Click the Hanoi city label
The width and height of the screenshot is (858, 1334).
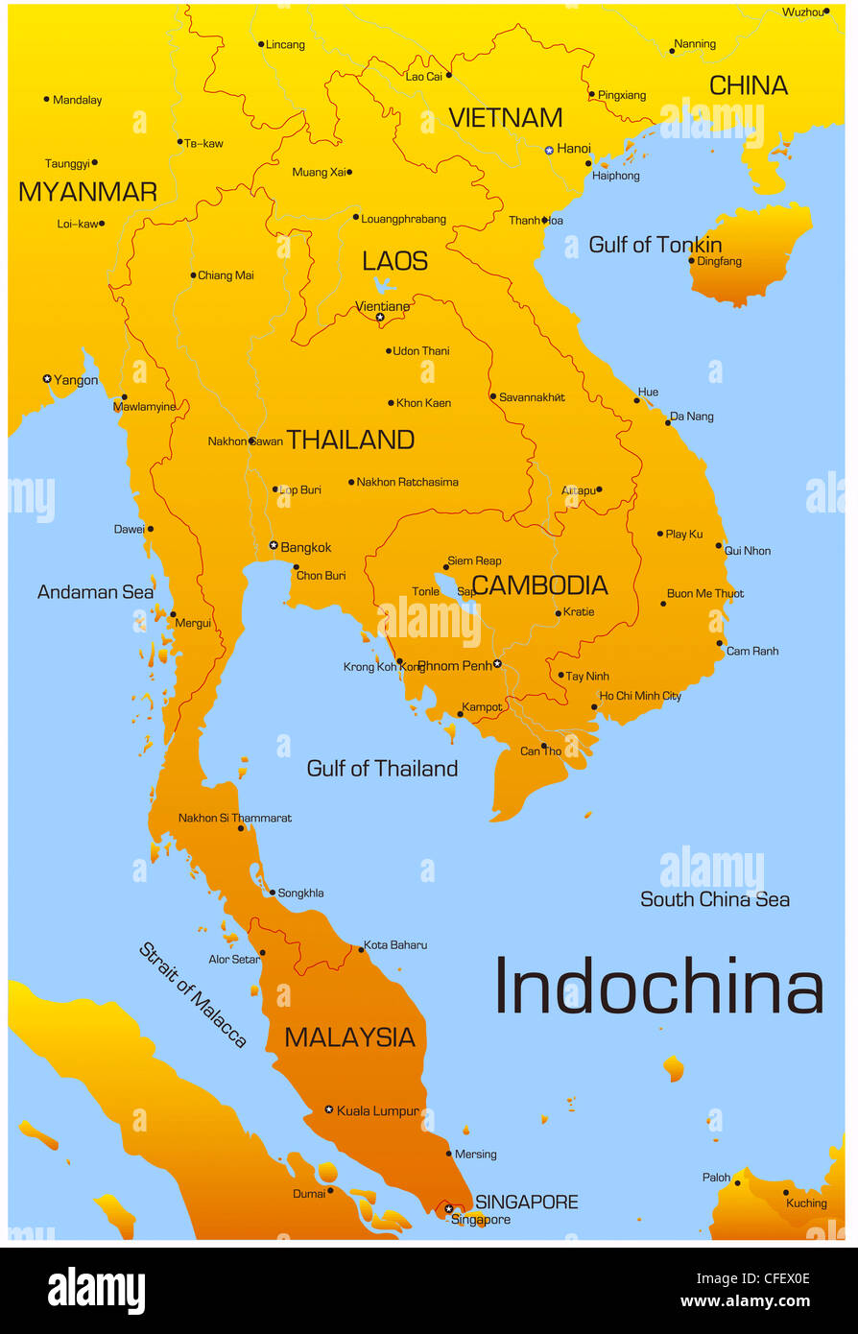pyautogui.click(x=574, y=149)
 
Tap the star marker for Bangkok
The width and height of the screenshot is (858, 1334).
pyautogui.click(x=274, y=545)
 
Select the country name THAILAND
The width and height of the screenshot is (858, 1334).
pyautogui.click(x=350, y=440)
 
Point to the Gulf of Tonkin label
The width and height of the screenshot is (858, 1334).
pyautogui.click(x=655, y=245)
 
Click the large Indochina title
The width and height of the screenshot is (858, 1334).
pyautogui.click(x=658, y=988)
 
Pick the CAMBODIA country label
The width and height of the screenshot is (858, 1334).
pyautogui.click(x=539, y=585)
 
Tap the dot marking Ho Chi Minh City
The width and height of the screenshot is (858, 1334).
pyautogui.click(x=594, y=707)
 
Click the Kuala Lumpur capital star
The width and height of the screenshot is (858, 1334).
pyautogui.click(x=329, y=1109)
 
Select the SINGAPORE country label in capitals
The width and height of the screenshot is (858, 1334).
pyautogui.click(x=527, y=1202)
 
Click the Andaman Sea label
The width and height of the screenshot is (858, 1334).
pyautogui.click(x=95, y=592)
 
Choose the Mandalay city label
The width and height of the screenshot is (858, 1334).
pyautogui.click(x=78, y=100)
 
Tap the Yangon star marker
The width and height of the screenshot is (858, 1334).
pyautogui.click(x=47, y=379)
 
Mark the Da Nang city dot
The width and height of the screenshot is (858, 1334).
pyautogui.click(x=668, y=421)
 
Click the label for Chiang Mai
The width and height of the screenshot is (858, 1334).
pyautogui.click(x=226, y=275)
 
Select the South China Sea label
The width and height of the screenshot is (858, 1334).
pyautogui.click(x=715, y=899)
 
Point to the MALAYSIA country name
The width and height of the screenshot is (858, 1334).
pyautogui.click(x=349, y=1037)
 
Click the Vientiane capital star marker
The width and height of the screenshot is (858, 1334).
pyautogui.click(x=380, y=317)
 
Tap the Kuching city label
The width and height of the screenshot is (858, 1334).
pyautogui.click(x=806, y=1203)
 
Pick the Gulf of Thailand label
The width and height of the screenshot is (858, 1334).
pyautogui.click(x=382, y=769)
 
